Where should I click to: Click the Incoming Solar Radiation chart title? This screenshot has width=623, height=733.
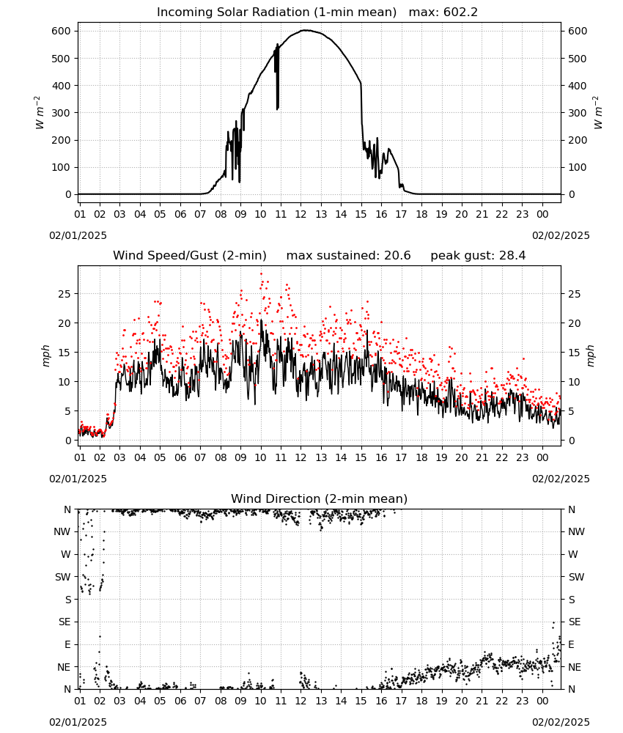pos(276,12)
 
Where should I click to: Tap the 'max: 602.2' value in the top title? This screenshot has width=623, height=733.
pos(443,12)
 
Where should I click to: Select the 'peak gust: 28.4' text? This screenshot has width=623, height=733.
pos(478,256)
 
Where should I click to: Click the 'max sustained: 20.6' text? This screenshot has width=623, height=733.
pos(348,256)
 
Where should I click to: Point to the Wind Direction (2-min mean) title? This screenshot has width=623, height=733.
pos(320,498)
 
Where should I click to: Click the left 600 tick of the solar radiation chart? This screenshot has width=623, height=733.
pos(62,31)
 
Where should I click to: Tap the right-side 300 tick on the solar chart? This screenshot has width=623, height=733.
pos(578,113)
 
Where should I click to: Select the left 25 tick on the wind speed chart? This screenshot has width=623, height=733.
pos(65,294)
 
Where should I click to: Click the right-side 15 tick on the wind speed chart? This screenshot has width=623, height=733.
pos(575,353)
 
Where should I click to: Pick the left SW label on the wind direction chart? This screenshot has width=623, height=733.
pos(63,577)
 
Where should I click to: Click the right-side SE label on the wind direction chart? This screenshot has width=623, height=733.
pos(575,622)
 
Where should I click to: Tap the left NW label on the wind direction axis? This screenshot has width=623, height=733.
pos(62,531)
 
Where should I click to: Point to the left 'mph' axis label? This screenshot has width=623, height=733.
pos(45,356)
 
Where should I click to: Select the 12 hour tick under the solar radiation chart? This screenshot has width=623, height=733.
pos(301,214)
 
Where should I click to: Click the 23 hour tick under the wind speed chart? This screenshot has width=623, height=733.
pos(522,457)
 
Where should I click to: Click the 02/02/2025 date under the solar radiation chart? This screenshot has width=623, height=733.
pos(561,235)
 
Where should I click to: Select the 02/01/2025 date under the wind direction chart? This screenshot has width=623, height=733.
pos(78,722)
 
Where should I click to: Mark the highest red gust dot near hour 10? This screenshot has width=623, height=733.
pos(261,274)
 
